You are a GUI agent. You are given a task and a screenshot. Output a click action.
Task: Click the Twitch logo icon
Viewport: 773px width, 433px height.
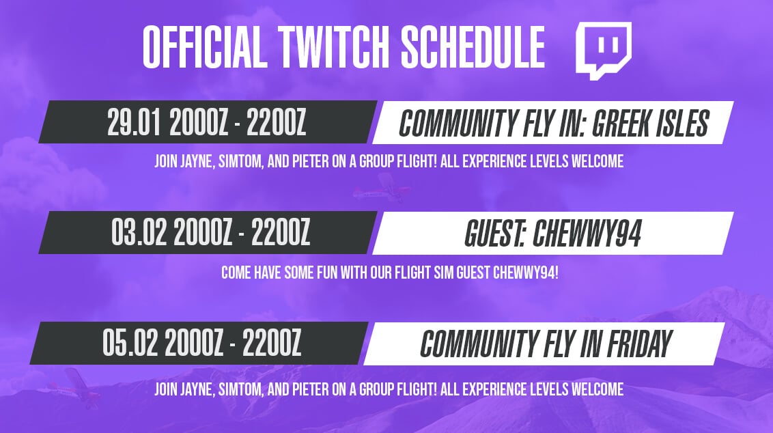604,51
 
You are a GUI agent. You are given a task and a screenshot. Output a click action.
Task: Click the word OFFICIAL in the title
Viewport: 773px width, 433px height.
205,47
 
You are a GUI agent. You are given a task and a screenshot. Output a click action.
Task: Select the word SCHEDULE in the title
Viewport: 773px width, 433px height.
473,47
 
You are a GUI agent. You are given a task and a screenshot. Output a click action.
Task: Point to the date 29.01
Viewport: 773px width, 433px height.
134,122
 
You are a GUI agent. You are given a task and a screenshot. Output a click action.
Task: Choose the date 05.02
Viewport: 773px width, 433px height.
130,343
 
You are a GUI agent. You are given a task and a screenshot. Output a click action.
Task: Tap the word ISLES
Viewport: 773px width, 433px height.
681,124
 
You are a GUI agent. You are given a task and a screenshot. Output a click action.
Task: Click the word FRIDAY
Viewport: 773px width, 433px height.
639,344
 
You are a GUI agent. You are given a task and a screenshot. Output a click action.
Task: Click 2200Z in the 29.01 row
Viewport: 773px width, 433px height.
276,122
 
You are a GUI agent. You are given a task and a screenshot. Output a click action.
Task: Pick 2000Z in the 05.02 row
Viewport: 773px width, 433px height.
194,343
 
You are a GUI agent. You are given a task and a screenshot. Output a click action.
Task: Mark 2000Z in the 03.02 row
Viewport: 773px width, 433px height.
203,232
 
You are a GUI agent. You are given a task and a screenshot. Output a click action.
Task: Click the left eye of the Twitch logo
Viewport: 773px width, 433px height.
601,45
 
